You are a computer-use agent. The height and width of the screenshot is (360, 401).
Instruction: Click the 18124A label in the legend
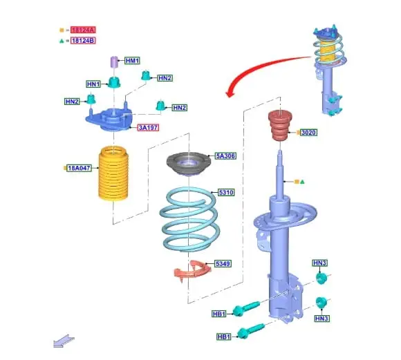click(83, 30)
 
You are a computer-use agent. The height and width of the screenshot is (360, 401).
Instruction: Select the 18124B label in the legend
click(83, 40)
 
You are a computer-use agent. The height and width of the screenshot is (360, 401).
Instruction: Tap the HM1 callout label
click(132, 61)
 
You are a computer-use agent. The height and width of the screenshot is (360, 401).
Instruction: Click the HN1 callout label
click(93, 84)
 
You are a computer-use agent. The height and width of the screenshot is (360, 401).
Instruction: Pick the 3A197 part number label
click(148, 127)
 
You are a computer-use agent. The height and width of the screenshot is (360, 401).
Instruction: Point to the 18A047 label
click(79, 168)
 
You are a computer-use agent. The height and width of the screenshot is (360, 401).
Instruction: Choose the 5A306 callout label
click(225, 155)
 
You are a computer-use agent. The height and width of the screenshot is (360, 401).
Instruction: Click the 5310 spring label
click(226, 192)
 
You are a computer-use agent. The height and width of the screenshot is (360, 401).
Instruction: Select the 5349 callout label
click(223, 263)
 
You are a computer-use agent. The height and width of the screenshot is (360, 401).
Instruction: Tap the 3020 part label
click(308, 133)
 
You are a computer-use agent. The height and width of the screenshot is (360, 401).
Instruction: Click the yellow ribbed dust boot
click(113, 173)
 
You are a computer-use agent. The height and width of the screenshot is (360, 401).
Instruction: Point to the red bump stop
click(280, 125)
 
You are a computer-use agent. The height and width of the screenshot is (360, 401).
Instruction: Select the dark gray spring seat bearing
click(189, 164)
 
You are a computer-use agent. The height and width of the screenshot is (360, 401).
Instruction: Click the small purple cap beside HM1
click(114, 62)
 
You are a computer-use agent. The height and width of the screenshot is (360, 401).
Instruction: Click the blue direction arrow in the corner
click(64, 341)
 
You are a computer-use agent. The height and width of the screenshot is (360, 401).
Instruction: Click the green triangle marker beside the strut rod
click(302, 182)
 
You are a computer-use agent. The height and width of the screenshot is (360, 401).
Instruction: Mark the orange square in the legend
click(62, 30)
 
